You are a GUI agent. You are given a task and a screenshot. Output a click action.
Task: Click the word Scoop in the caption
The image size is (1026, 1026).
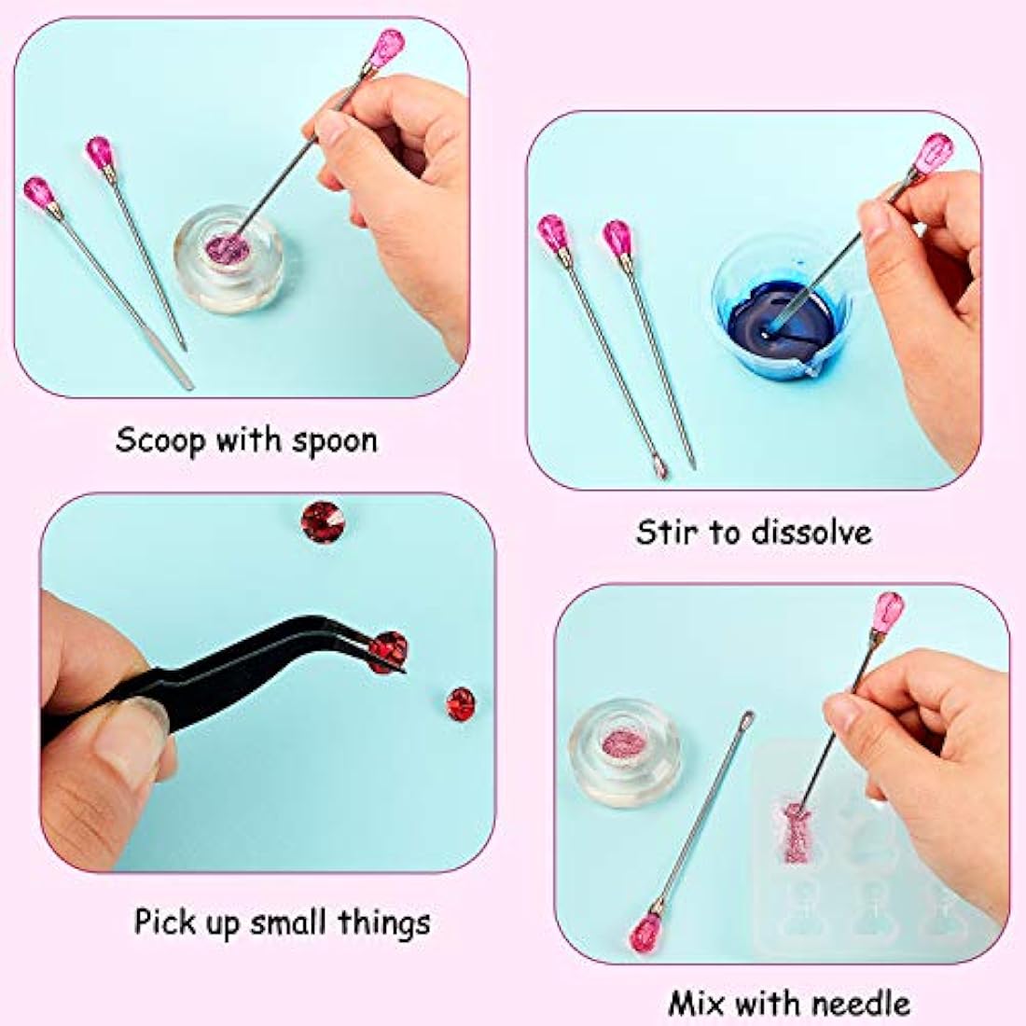click(160, 439)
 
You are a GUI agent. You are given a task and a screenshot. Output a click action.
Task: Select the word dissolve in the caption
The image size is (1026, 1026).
click(811, 532)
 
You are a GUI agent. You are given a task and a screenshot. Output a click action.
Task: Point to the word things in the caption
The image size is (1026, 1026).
click(384, 923)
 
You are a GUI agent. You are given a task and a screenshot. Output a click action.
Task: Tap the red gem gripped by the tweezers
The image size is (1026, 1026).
click(387, 652)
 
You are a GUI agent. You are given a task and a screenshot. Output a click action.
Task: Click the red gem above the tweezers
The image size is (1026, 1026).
click(324, 521)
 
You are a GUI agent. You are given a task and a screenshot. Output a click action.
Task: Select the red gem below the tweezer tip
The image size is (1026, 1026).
click(461, 705)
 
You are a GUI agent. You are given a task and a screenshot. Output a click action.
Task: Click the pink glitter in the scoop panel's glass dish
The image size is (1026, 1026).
click(229, 249)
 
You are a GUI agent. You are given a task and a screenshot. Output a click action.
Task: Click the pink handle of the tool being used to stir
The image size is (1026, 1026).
click(934, 154)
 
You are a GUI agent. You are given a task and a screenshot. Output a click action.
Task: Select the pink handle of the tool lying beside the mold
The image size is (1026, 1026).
click(646, 932)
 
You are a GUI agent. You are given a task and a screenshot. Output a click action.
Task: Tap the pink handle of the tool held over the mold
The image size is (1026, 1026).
click(888, 613)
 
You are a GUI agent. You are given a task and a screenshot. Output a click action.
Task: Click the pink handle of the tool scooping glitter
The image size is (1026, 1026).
click(387, 49)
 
